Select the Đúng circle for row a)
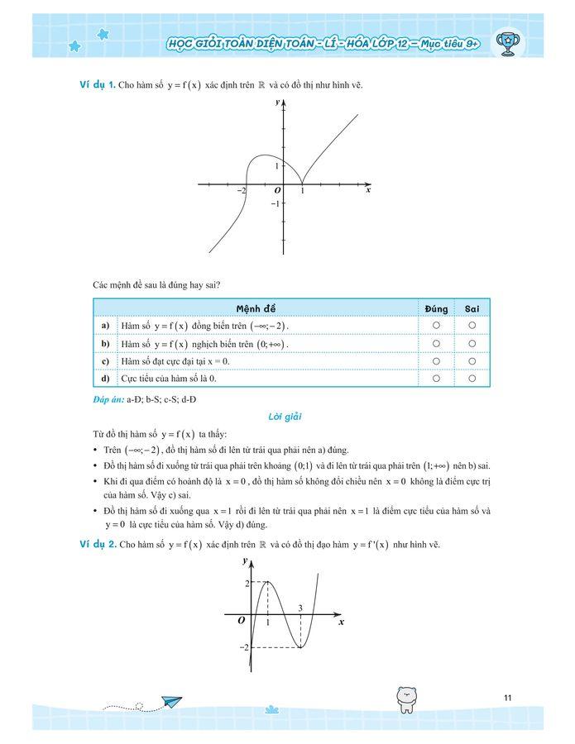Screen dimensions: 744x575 pyautogui.click(x=436, y=327)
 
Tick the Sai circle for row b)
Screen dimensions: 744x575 pyautogui.click(x=472, y=344)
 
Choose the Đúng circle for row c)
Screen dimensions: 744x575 pyautogui.click(x=436, y=361)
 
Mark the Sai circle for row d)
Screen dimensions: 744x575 pyautogui.click(x=472, y=379)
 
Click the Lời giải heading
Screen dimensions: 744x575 pyautogui.click(x=286, y=417)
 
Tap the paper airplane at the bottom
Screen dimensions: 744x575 pyautogui.click(x=172, y=702)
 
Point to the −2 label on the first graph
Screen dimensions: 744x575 pyautogui.click(x=242, y=191)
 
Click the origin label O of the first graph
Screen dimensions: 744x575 pyautogui.click(x=277, y=191)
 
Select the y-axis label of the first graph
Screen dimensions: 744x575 pyautogui.click(x=278, y=102)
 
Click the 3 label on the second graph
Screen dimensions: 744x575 pyautogui.click(x=299, y=608)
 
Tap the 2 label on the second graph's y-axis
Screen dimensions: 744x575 pyautogui.click(x=246, y=584)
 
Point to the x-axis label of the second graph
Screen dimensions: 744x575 pyautogui.click(x=342, y=622)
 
